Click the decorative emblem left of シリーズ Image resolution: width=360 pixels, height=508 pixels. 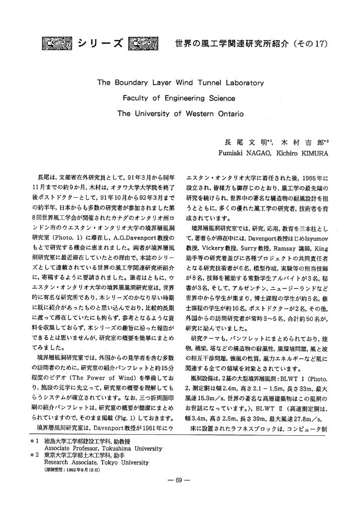coord(58,43)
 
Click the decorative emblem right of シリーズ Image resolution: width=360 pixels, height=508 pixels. coord(144,43)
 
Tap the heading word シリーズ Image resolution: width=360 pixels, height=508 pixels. coord(100,43)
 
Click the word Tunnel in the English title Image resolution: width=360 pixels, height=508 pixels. coord(200,82)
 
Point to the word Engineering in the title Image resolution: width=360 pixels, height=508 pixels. coord(179,98)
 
